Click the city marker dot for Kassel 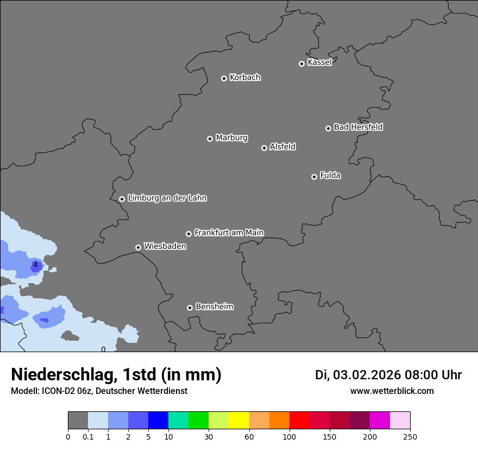point(301,64)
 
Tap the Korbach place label point(245,78)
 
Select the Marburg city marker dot point(210,139)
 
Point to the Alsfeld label point(282,147)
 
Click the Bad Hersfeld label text point(358,127)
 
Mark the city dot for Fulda point(314,177)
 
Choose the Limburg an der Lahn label point(167,198)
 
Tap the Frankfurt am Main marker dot point(188,234)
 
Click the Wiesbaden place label point(165,246)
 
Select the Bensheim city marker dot point(190,308)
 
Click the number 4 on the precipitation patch point(35,265)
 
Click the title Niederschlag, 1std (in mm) point(116,374)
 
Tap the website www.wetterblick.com point(392,391)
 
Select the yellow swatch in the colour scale point(239,421)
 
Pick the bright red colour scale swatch point(299,421)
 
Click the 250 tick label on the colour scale point(410,437)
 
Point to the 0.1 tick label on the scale point(88,437)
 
